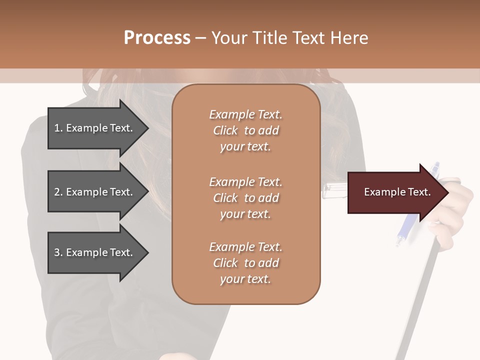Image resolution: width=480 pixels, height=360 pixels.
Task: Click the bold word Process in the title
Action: click(x=157, y=38)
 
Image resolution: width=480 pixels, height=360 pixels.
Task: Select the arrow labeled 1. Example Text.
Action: click(x=95, y=128)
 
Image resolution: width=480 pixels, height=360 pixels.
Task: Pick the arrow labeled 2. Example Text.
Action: click(x=95, y=192)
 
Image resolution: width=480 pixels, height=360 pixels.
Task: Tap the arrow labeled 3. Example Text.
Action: click(x=95, y=252)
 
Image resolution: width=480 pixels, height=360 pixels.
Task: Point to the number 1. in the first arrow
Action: click(x=58, y=128)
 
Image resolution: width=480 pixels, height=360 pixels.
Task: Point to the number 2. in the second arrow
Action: click(x=58, y=192)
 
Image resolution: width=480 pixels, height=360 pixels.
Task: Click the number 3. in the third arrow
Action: click(x=58, y=252)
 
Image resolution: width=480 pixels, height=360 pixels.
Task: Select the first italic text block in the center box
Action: click(x=245, y=130)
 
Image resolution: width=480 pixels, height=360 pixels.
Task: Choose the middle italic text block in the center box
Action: click(x=245, y=198)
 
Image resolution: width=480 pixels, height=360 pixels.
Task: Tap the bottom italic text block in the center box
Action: click(x=245, y=263)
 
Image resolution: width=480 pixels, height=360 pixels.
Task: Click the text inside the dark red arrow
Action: click(x=397, y=192)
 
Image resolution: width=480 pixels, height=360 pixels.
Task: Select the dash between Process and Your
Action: click(x=200, y=38)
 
